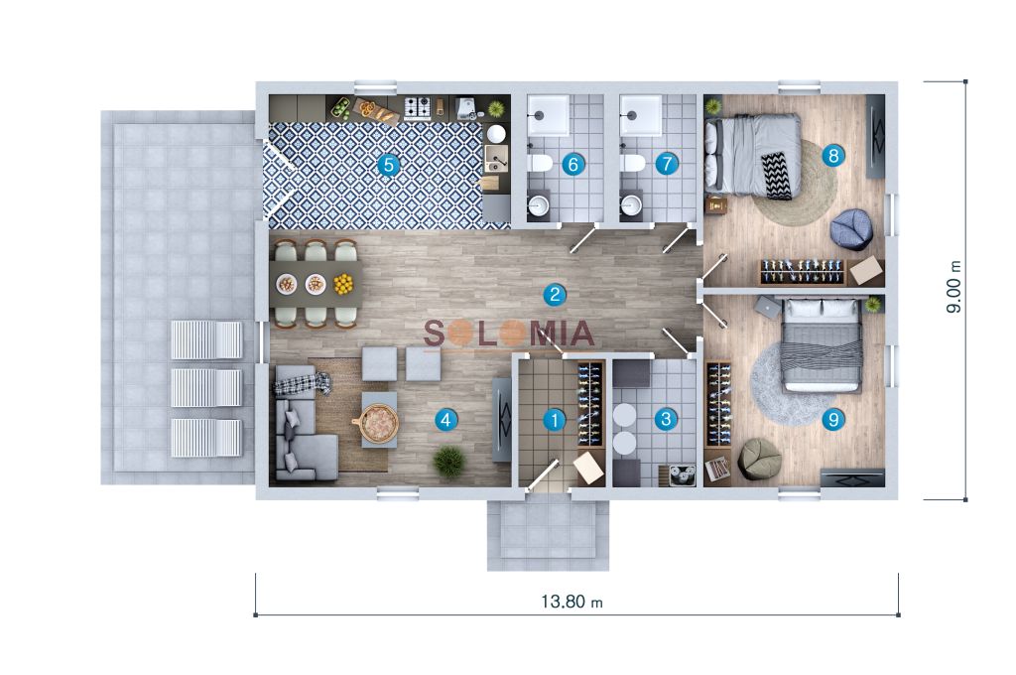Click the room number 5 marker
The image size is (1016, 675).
(389, 165)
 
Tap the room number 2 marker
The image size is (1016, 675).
(554, 295)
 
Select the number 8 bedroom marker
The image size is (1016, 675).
(833, 155)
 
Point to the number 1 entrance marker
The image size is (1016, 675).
(554, 420)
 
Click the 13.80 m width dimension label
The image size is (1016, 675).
(571, 602)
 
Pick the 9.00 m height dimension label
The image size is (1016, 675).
(953, 287)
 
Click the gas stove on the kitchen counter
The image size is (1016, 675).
(418, 107)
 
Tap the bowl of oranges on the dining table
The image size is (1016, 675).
(343, 284)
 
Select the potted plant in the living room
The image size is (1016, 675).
(449, 461)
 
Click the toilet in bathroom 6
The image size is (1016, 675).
(539, 163)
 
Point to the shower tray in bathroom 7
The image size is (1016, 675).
(642, 115)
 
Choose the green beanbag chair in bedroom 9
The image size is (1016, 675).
(760, 459)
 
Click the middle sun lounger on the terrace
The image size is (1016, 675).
(206, 388)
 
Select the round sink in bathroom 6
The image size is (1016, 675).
(539, 206)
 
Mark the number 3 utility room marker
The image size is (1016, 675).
(666, 419)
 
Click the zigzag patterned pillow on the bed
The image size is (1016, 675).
(776, 175)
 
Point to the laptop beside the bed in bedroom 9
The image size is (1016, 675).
(769, 307)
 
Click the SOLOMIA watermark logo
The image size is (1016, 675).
(509, 334)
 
